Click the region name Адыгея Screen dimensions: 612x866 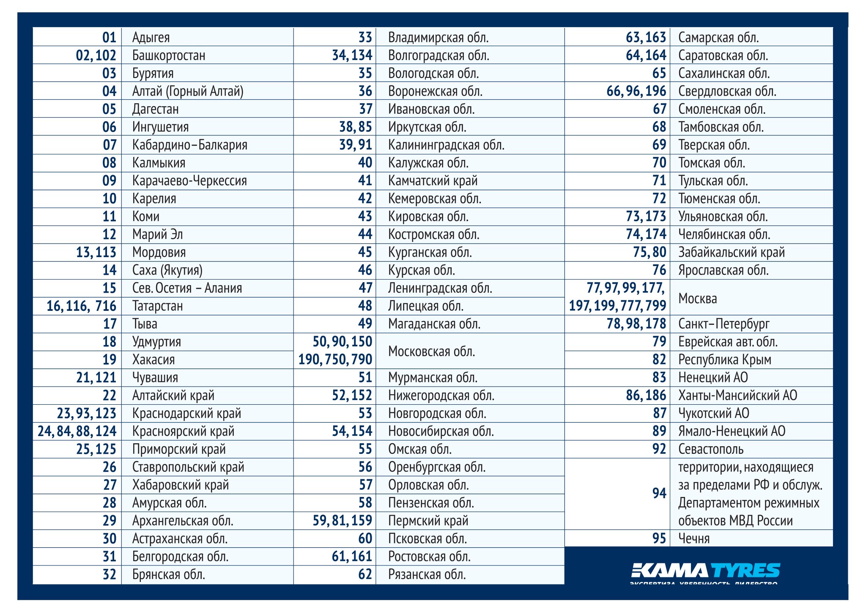[x=151, y=37]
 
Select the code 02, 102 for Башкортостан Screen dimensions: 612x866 [x=96, y=55]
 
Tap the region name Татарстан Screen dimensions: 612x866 [x=157, y=306]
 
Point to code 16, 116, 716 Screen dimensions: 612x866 [x=81, y=306]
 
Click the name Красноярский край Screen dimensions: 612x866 [x=183, y=431]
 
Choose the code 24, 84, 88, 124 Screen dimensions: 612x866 [x=77, y=431]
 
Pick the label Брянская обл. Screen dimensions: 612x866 [x=169, y=575]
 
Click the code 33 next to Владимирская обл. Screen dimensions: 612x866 [x=365, y=37]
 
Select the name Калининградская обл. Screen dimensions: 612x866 [x=446, y=145]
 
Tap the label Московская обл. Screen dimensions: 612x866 [x=431, y=351]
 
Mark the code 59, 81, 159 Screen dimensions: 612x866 [x=343, y=521]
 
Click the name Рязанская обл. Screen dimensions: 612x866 [x=427, y=575]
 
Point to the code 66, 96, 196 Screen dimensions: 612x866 [x=636, y=91]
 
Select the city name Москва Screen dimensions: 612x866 [x=697, y=299]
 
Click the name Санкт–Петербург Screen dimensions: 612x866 [x=723, y=324]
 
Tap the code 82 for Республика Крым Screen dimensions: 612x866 [x=659, y=360]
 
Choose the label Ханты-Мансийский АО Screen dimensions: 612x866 [x=737, y=395]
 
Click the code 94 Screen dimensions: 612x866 [x=659, y=494]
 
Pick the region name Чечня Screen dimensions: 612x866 [x=694, y=539]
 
